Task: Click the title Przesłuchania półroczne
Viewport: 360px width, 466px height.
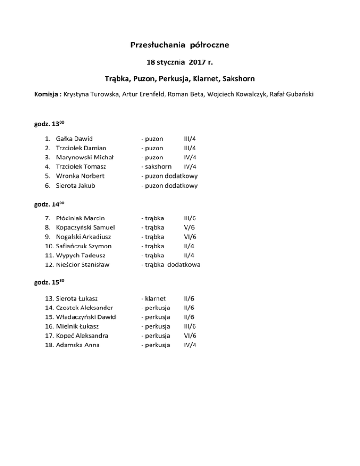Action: (180, 45)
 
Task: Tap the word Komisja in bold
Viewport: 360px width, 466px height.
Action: (46, 94)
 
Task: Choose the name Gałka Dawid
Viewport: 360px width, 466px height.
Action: (74, 138)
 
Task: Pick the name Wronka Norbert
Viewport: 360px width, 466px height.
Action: (80, 176)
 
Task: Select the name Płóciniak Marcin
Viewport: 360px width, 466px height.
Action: (80, 218)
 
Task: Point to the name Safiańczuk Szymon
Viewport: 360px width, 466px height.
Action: (84, 246)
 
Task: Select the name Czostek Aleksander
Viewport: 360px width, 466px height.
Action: (84, 307)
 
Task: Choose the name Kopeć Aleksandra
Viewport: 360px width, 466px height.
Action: (82, 335)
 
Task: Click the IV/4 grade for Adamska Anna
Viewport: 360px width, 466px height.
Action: (190, 345)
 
